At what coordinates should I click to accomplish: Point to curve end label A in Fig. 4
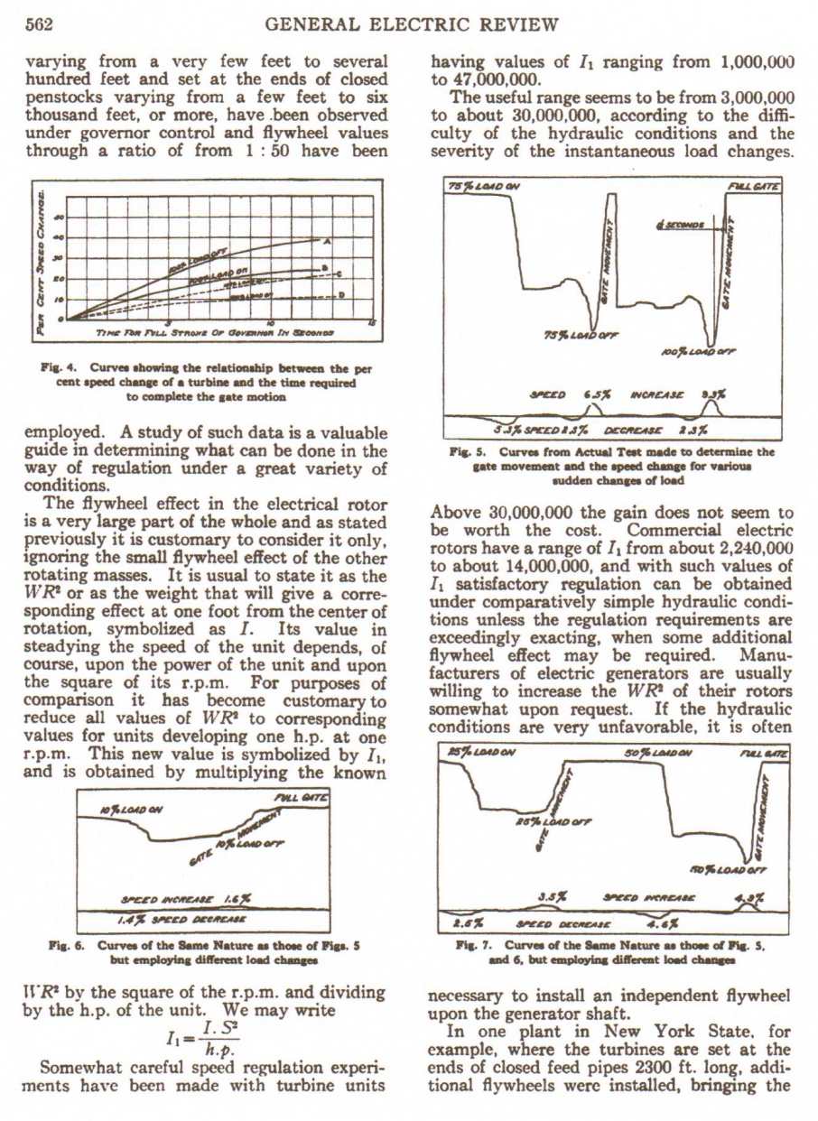coord(326,240)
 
